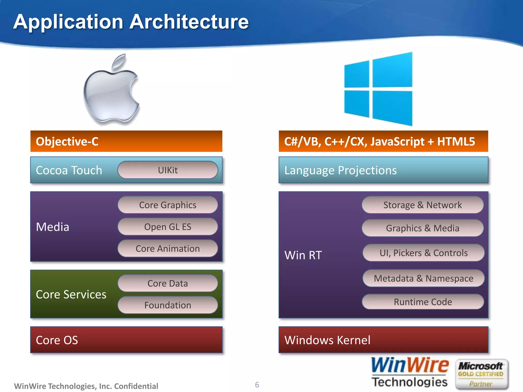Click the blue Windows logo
click(x=378, y=89)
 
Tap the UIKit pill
click(x=168, y=170)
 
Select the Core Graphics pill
click(x=168, y=205)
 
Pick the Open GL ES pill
click(x=168, y=227)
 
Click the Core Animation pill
click(x=168, y=249)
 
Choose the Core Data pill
click(x=168, y=283)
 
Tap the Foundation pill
click(x=168, y=305)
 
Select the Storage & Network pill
click(x=422, y=205)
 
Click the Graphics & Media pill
click(x=422, y=228)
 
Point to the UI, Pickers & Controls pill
click(x=423, y=253)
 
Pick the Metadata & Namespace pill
click(x=423, y=278)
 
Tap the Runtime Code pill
click(x=423, y=302)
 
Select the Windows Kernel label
click(x=327, y=340)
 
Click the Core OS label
click(x=57, y=340)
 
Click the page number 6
click(x=257, y=385)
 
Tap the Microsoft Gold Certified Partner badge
click(x=481, y=374)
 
